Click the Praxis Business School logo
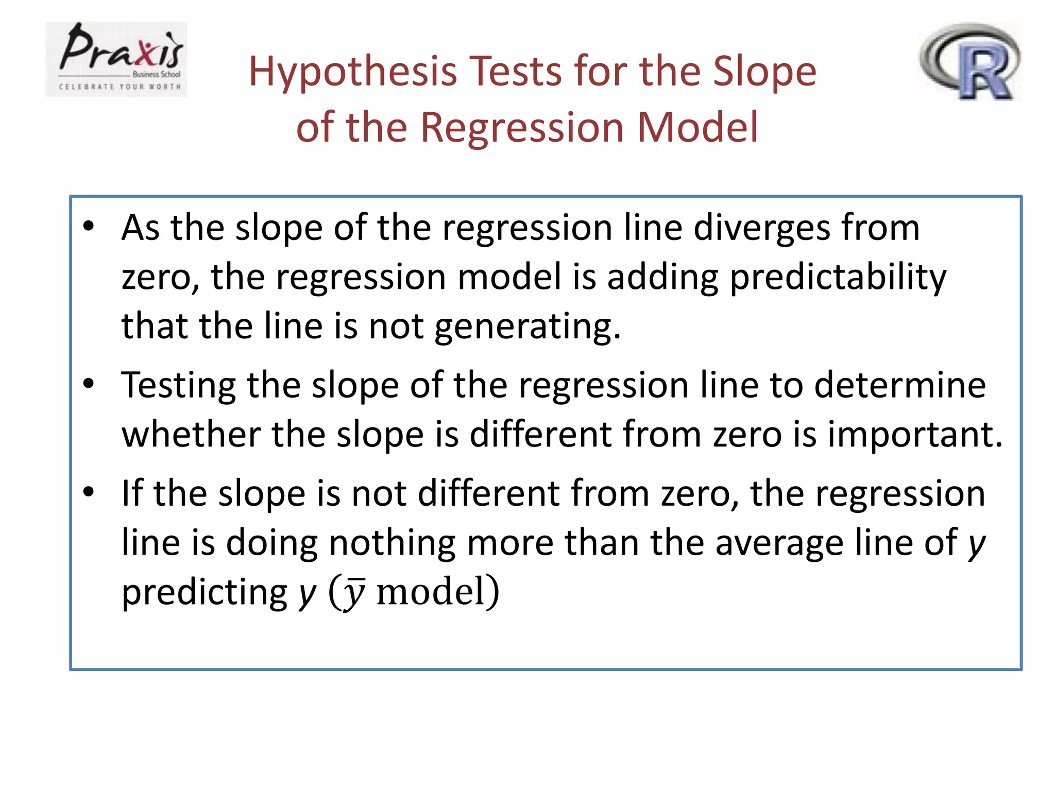(116, 59)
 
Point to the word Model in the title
(697, 127)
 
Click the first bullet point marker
(89, 226)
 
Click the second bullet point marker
(89, 383)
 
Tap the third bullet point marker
(89, 492)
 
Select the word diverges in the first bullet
(762, 228)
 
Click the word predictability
(838, 278)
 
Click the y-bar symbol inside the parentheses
(354, 593)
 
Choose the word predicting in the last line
(205, 593)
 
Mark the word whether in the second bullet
(191, 434)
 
